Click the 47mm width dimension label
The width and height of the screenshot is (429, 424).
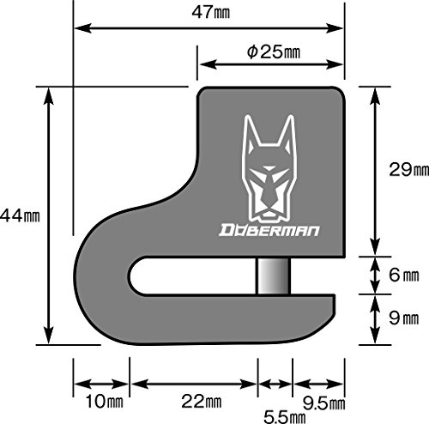[211, 13]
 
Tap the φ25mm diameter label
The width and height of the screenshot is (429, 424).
[274, 52]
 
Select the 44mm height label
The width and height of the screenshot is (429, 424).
[20, 215]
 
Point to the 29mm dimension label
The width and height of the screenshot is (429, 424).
[409, 170]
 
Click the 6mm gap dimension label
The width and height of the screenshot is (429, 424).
[404, 275]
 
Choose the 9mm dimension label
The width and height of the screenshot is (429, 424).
[404, 318]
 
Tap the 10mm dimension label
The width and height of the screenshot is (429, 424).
[105, 402]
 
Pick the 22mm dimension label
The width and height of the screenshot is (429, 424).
[202, 402]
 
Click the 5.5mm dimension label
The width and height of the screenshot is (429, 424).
[284, 416]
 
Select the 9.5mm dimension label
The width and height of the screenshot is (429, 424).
[324, 403]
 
